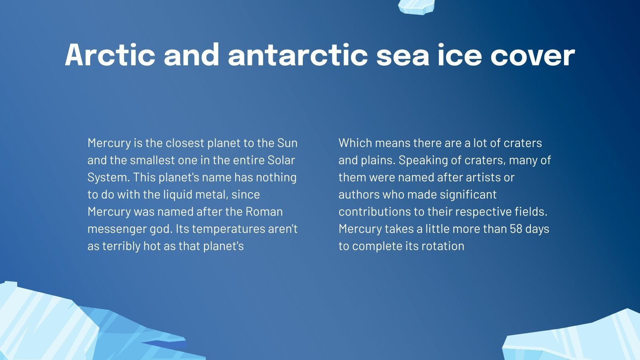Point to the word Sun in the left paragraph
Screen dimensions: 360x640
287,143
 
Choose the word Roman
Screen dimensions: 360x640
264,212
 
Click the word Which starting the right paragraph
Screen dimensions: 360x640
355,143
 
